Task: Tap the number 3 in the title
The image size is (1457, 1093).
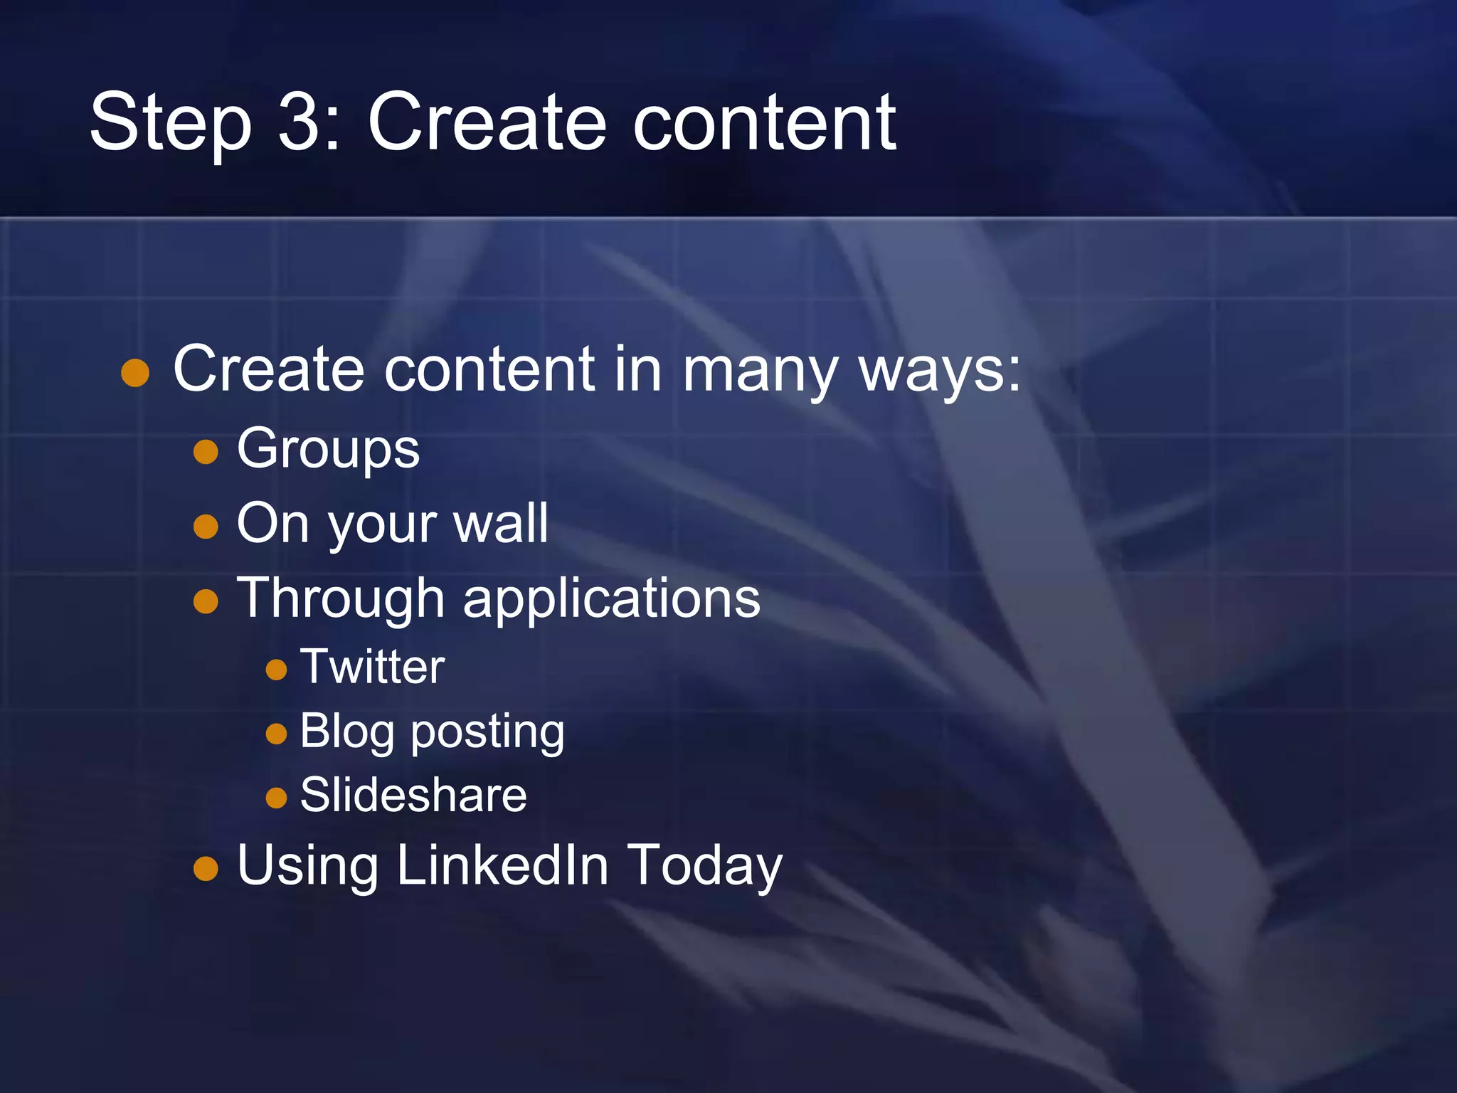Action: click(x=300, y=122)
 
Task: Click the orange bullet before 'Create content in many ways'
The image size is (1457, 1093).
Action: click(x=135, y=372)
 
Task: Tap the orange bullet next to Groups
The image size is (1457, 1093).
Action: click(x=206, y=452)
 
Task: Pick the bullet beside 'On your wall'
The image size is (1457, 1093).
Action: click(x=206, y=527)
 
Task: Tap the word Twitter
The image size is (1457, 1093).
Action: click(x=372, y=667)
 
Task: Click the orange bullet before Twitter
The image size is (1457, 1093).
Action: click(x=276, y=669)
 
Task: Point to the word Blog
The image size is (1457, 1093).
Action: click(x=346, y=732)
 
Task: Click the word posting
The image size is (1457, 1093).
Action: click(x=487, y=733)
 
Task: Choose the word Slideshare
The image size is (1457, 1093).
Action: click(x=413, y=795)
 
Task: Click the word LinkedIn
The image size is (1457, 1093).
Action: click(x=502, y=865)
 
